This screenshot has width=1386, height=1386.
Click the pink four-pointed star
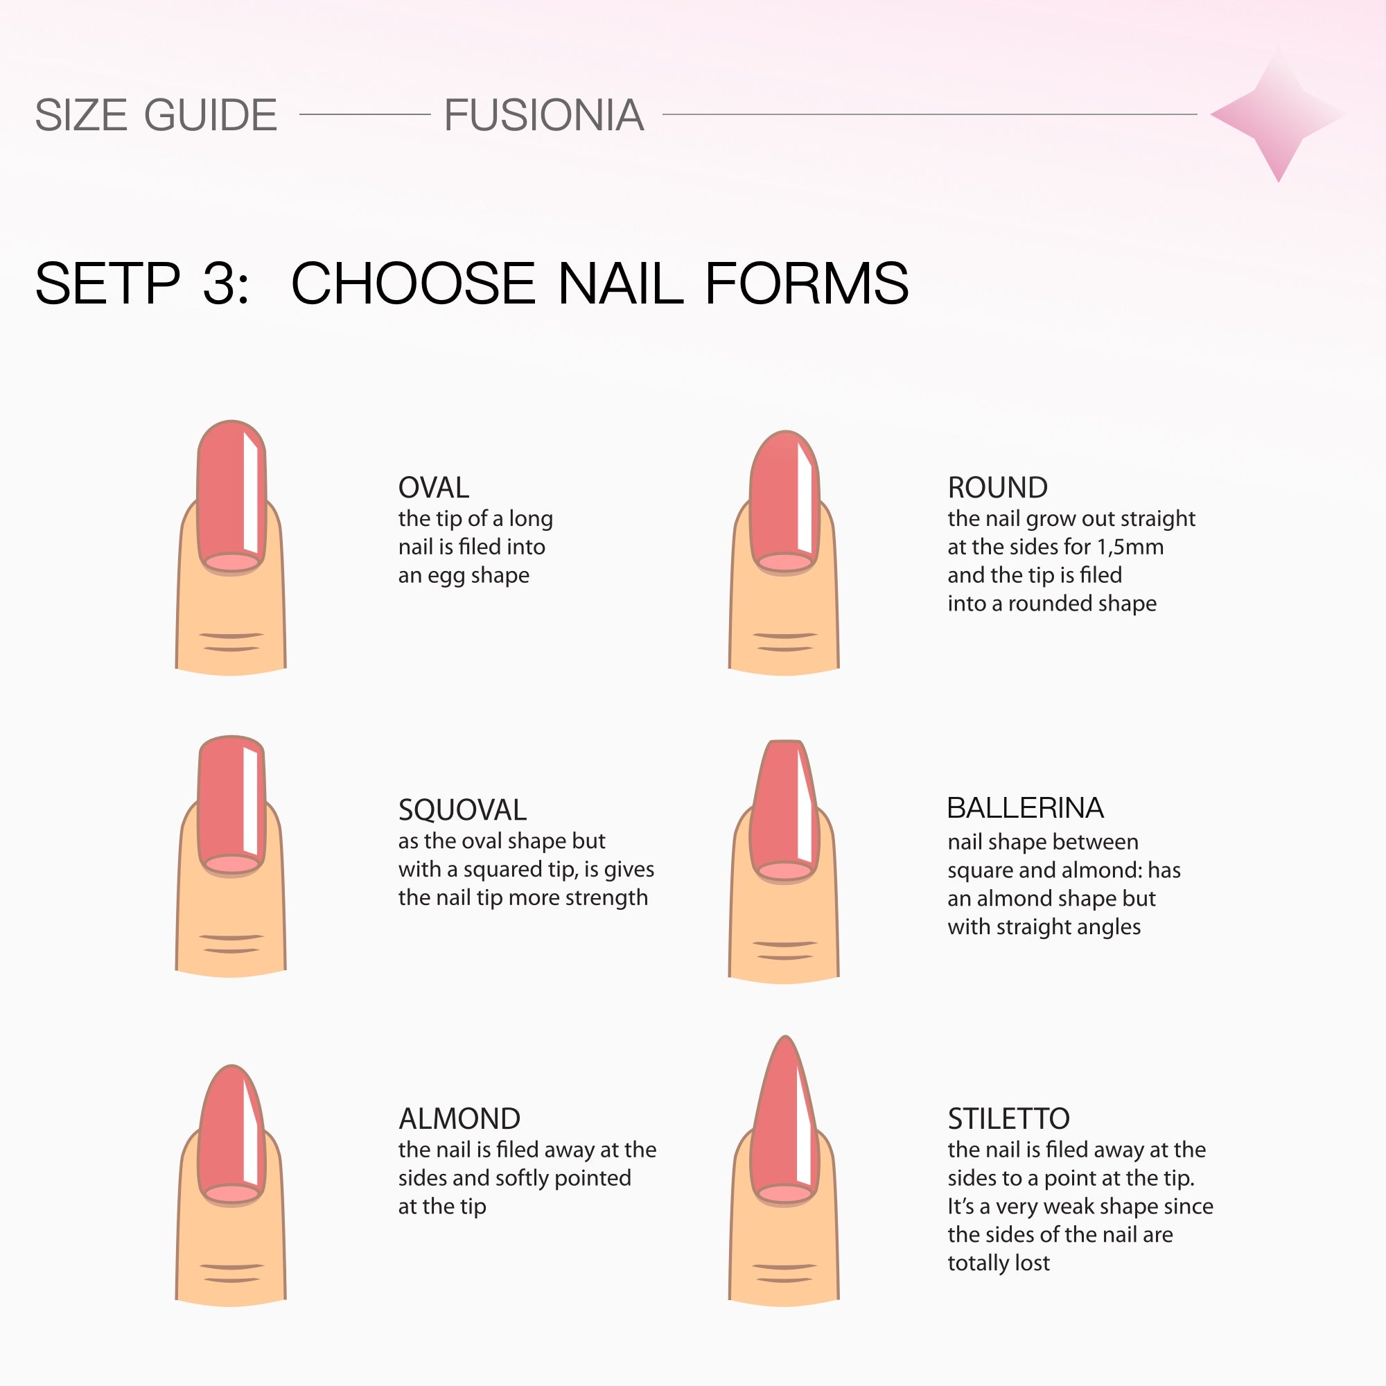pos(1278,115)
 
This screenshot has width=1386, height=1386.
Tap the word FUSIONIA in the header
pos(544,115)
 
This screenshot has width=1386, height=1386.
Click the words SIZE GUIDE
pos(156,115)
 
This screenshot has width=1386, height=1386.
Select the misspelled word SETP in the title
pos(107,283)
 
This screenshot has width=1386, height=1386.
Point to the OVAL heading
pos(433,488)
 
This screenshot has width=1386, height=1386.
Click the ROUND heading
pos(997,488)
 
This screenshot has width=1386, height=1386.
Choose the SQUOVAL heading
pos(462,810)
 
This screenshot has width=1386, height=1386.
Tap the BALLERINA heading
pos(1025,808)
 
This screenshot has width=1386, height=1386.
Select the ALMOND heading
pos(459,1119)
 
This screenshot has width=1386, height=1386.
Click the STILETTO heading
pos(1008,1119)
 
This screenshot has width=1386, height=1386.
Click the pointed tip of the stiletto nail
pos(786,1037)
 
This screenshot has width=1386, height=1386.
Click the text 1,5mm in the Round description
pos(1130,547)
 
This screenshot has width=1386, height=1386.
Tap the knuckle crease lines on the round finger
pos(785,642)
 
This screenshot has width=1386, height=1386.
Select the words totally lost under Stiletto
pos(998,1263)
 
